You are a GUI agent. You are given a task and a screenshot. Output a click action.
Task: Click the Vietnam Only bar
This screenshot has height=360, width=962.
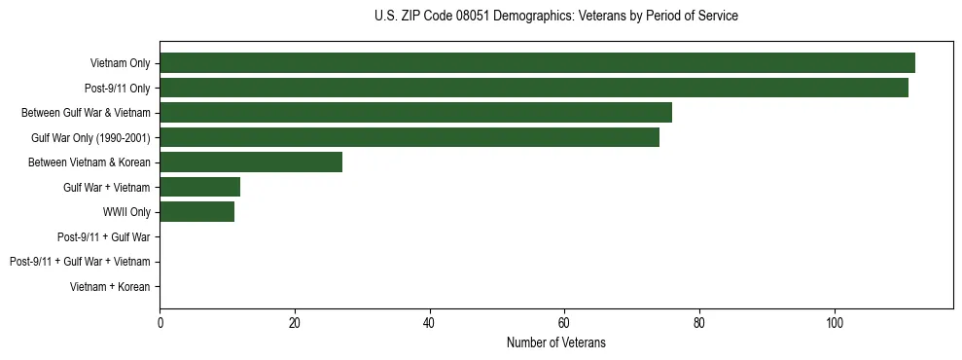pyautogui.click(x=537, y=62)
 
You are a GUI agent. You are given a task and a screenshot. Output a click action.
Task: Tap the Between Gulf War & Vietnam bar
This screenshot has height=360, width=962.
pyautogui.click(x=415, y=112)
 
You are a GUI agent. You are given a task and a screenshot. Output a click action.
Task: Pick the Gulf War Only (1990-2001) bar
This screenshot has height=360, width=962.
pyautogui.click(x=410, y=137)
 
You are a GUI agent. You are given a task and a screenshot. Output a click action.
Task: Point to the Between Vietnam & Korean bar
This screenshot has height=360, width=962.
pyautogui.click(x=251, y=162)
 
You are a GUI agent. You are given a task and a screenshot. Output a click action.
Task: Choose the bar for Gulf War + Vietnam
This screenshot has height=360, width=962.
pyautogui.click(x=199, y=187)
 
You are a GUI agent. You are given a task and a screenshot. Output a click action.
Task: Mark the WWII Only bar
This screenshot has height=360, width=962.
pyautogui.click(x=196, y=211)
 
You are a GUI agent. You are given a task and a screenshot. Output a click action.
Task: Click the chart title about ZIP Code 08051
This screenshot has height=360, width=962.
pyautogui.click(x=555, y=17)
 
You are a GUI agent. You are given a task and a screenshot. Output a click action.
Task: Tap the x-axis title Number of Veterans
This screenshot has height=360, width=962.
pyautogui.click(x=555, y=342)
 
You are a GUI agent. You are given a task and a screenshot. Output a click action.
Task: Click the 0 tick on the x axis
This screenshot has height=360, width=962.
pyautogui.click(x=160, y=322)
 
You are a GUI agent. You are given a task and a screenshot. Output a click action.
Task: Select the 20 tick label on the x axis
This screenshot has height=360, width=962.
pyautogui.click(x=295, y=322)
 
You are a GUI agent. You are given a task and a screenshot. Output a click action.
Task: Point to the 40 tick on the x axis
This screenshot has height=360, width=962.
pyautogui.click(x=429, y=322)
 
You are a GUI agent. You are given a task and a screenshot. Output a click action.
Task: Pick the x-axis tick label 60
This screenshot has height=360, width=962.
pyautogui.click(x=564, y=322)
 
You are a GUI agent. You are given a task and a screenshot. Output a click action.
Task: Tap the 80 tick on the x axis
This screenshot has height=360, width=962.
pyautogui.click(x=699, y=322)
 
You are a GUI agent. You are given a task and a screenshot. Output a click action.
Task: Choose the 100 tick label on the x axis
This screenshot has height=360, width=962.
pyautogui.click(x=834, y=322)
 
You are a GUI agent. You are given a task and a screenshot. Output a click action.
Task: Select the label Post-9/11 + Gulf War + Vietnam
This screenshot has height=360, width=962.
pyautogui.click(x=80, y=261)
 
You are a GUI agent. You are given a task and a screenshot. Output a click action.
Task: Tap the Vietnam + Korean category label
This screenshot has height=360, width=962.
pyautogui.click(x=110, y=286)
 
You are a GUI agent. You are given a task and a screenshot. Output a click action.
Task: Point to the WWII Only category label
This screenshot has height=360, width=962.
pyautogui.click(x=126, y=211)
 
